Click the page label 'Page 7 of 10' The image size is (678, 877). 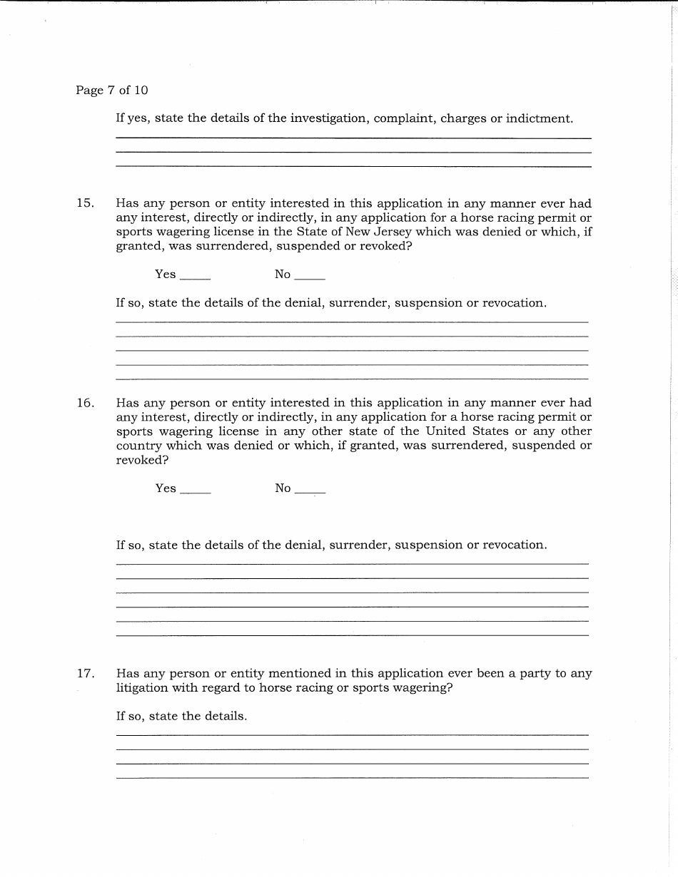[x=111, y=91]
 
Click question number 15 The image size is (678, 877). [x=85, y=203]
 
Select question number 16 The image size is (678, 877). [x=85, y=403]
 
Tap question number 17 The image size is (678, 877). [x=85, y=673]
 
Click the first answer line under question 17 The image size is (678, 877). [x=352, y=734]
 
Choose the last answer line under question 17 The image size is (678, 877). [x=352, y=777]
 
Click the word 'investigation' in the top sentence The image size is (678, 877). [x=326, y=118]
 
